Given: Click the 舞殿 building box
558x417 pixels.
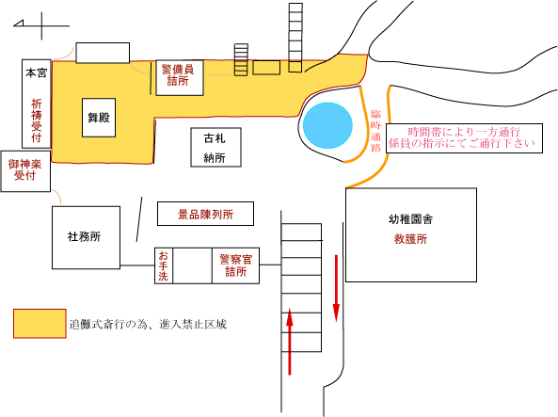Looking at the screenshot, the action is tap(99, 118).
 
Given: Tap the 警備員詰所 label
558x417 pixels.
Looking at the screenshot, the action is tap(178, 74).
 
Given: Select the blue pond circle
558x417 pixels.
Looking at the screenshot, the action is tap(327, 125).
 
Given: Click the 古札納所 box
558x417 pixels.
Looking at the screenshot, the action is tap(216, 148).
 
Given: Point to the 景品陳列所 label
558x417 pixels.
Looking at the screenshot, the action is tap(205, 215).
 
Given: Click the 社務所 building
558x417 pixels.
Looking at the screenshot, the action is tap(87, 237).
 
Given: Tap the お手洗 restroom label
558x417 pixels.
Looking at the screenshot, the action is tap(164, 265).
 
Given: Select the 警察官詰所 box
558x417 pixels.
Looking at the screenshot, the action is tap(235, 265).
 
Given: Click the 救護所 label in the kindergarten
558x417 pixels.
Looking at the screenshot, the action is tap(410, 239).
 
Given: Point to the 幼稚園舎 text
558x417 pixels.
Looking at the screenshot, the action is tap(410, 219).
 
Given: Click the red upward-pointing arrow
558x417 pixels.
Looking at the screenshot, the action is tap(290, 342).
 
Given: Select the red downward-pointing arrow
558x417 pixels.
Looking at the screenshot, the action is tap(336, 288).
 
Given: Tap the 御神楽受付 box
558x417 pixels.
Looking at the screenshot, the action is tap(25, 171).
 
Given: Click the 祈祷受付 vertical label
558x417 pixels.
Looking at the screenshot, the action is tap(37, 120).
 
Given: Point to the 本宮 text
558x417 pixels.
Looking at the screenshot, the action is tap(36, 73).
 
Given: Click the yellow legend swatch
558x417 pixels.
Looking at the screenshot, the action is tap(40, 324).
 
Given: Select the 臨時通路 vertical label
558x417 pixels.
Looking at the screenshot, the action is tap(375, 131).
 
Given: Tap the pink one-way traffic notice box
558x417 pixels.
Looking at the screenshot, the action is tap(465, 138).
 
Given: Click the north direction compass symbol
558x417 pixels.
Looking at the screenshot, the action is tap(41, 25).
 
